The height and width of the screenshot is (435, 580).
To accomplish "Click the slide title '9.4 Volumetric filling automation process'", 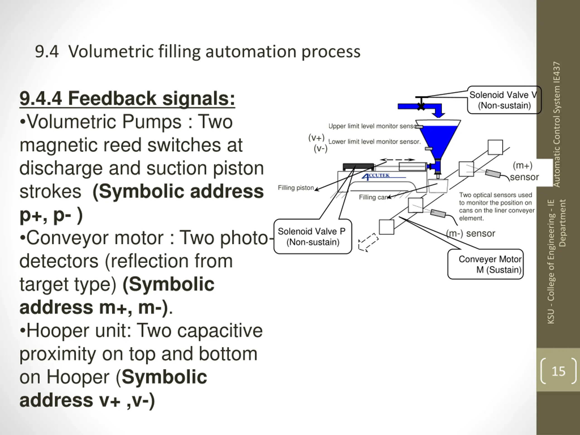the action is [198, 52].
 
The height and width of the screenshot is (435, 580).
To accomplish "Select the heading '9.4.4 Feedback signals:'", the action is [127, 99].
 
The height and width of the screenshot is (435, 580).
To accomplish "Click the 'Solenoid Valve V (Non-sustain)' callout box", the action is [504, 100].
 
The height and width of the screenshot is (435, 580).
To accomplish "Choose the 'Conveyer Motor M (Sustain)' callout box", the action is [485, 264].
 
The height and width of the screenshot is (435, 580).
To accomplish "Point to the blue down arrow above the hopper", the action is [438, 111].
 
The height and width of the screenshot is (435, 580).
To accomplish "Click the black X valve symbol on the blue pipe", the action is [421, 106].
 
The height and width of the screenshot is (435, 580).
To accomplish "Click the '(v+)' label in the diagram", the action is [317, 137].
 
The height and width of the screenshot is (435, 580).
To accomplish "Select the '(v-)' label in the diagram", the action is [320, 149].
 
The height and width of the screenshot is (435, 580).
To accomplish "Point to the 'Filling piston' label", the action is [296, 188].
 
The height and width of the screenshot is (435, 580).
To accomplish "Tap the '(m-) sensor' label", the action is [471, 233].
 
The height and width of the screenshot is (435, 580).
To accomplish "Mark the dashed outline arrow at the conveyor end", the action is [368, 242].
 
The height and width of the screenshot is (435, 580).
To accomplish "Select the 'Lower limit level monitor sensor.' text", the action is [375, 142].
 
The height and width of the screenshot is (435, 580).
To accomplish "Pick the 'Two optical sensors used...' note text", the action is [497, 207].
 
